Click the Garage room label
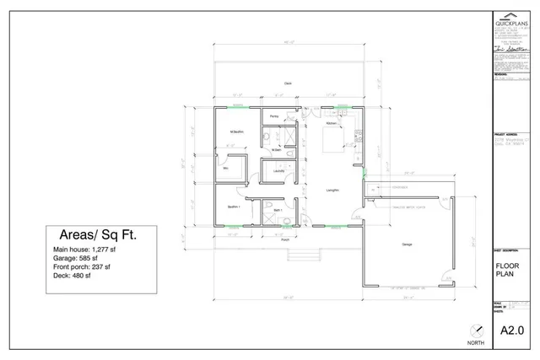click(x=407, y=244)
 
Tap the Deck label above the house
click(x=288, y=83)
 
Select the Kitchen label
click(x=332, y=123)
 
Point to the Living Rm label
click(x=332, y=191)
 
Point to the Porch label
click(x=285, y=239)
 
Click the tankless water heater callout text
click(x=407, y=204)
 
